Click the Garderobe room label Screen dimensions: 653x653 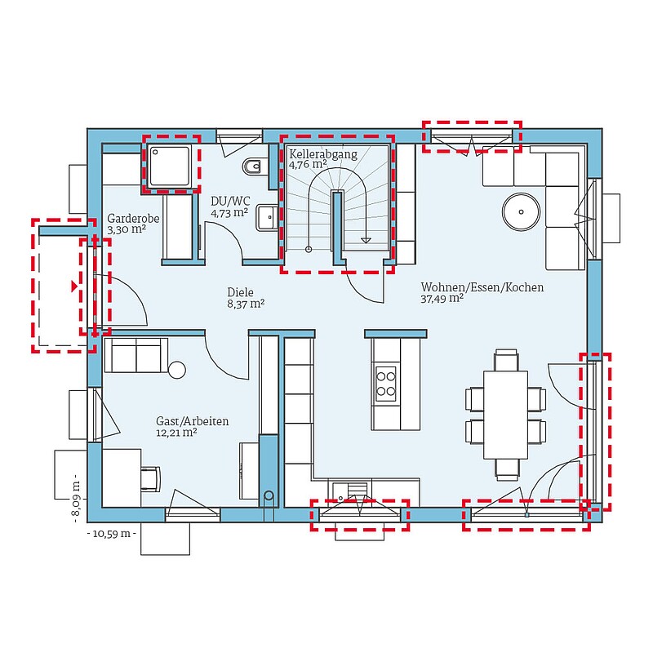point(133,218)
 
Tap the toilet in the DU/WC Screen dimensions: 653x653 point(252,167)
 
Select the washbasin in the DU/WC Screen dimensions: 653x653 point(267,217)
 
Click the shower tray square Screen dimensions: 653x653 point(170,166)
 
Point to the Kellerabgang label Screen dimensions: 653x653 point(323,154)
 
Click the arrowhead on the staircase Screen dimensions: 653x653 point(366,240)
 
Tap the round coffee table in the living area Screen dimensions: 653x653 point(521,211)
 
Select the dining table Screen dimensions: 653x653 point(505,415)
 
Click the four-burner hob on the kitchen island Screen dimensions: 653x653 point(385,384)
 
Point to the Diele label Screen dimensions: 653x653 point(240,292)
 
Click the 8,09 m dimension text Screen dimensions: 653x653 point(76,498)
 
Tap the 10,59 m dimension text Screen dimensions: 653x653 point(112,534)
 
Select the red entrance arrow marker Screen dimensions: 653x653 point(74,287)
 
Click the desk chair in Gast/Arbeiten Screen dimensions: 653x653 point(151,479)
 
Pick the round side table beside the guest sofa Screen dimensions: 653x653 point(177,370)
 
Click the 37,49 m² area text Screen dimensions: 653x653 point(442,299)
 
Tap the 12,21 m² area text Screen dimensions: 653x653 point(176,433)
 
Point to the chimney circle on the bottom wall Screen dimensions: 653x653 point(269,495)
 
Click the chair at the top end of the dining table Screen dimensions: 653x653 point(506,360)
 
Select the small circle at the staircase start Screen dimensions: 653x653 point(309,250)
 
